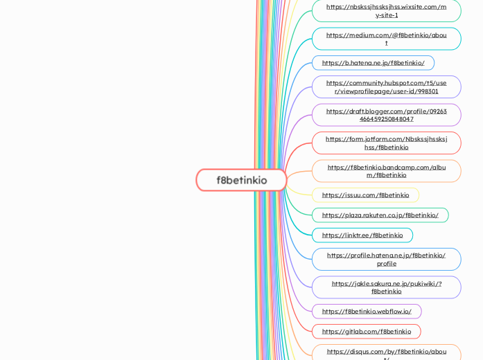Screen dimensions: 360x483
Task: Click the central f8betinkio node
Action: [241, 180]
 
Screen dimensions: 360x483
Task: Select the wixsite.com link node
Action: [386, 10]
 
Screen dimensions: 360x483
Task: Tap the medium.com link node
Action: [386, 39]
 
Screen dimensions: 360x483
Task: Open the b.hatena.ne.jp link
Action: [373, 63]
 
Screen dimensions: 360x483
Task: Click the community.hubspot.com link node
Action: [386, 87]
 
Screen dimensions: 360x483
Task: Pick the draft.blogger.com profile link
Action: [386, 115]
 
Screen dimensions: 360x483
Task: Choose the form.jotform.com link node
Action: [386, 143]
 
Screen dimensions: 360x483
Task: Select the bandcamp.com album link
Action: [386, 171]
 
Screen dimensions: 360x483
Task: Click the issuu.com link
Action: [365, 195]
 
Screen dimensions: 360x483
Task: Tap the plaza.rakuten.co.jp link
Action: [380, 215]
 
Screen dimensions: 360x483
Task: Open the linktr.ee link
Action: [362, 235]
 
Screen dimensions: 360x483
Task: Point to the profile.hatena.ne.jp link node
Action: [386, 259]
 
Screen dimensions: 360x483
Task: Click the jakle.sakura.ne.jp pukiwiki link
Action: [386, 287]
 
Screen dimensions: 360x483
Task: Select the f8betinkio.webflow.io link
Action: [366, 312]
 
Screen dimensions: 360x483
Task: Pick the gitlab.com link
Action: [366, 332]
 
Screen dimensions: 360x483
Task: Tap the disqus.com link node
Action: [386, 352]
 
